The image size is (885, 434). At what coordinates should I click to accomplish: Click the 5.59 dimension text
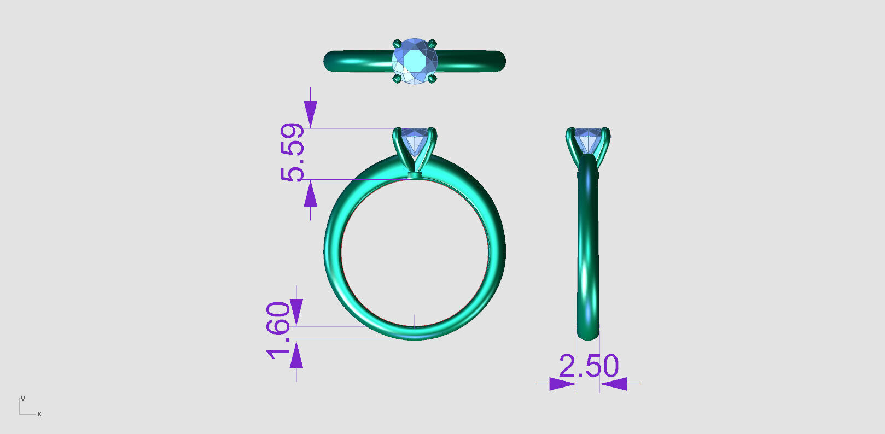pos(292,152)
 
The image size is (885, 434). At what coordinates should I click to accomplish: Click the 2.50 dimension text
pos(589,366)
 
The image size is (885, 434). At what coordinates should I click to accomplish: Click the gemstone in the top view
pos(415,61)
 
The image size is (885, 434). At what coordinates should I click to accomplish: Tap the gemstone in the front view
pos(414,140)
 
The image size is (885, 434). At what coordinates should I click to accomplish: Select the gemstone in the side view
pos(588,139)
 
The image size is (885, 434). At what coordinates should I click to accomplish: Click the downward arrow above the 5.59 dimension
pos(311,114)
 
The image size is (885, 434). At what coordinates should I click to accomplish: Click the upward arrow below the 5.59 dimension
pos(311,195)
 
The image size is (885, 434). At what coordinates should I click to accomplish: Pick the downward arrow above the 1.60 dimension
pos(296,312)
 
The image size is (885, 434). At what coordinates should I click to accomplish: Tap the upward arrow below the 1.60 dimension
pos(296,356)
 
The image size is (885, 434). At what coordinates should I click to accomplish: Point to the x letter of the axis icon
pos(39,414)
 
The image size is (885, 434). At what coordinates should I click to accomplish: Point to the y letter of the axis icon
pos(22,398)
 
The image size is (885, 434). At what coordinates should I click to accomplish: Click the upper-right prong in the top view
pos(432,43)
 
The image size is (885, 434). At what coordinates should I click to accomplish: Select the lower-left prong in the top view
pos(397,80)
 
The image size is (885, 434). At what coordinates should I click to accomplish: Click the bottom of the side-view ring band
pos(588,333)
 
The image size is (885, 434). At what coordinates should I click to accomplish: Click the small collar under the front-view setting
pos(415,176)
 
